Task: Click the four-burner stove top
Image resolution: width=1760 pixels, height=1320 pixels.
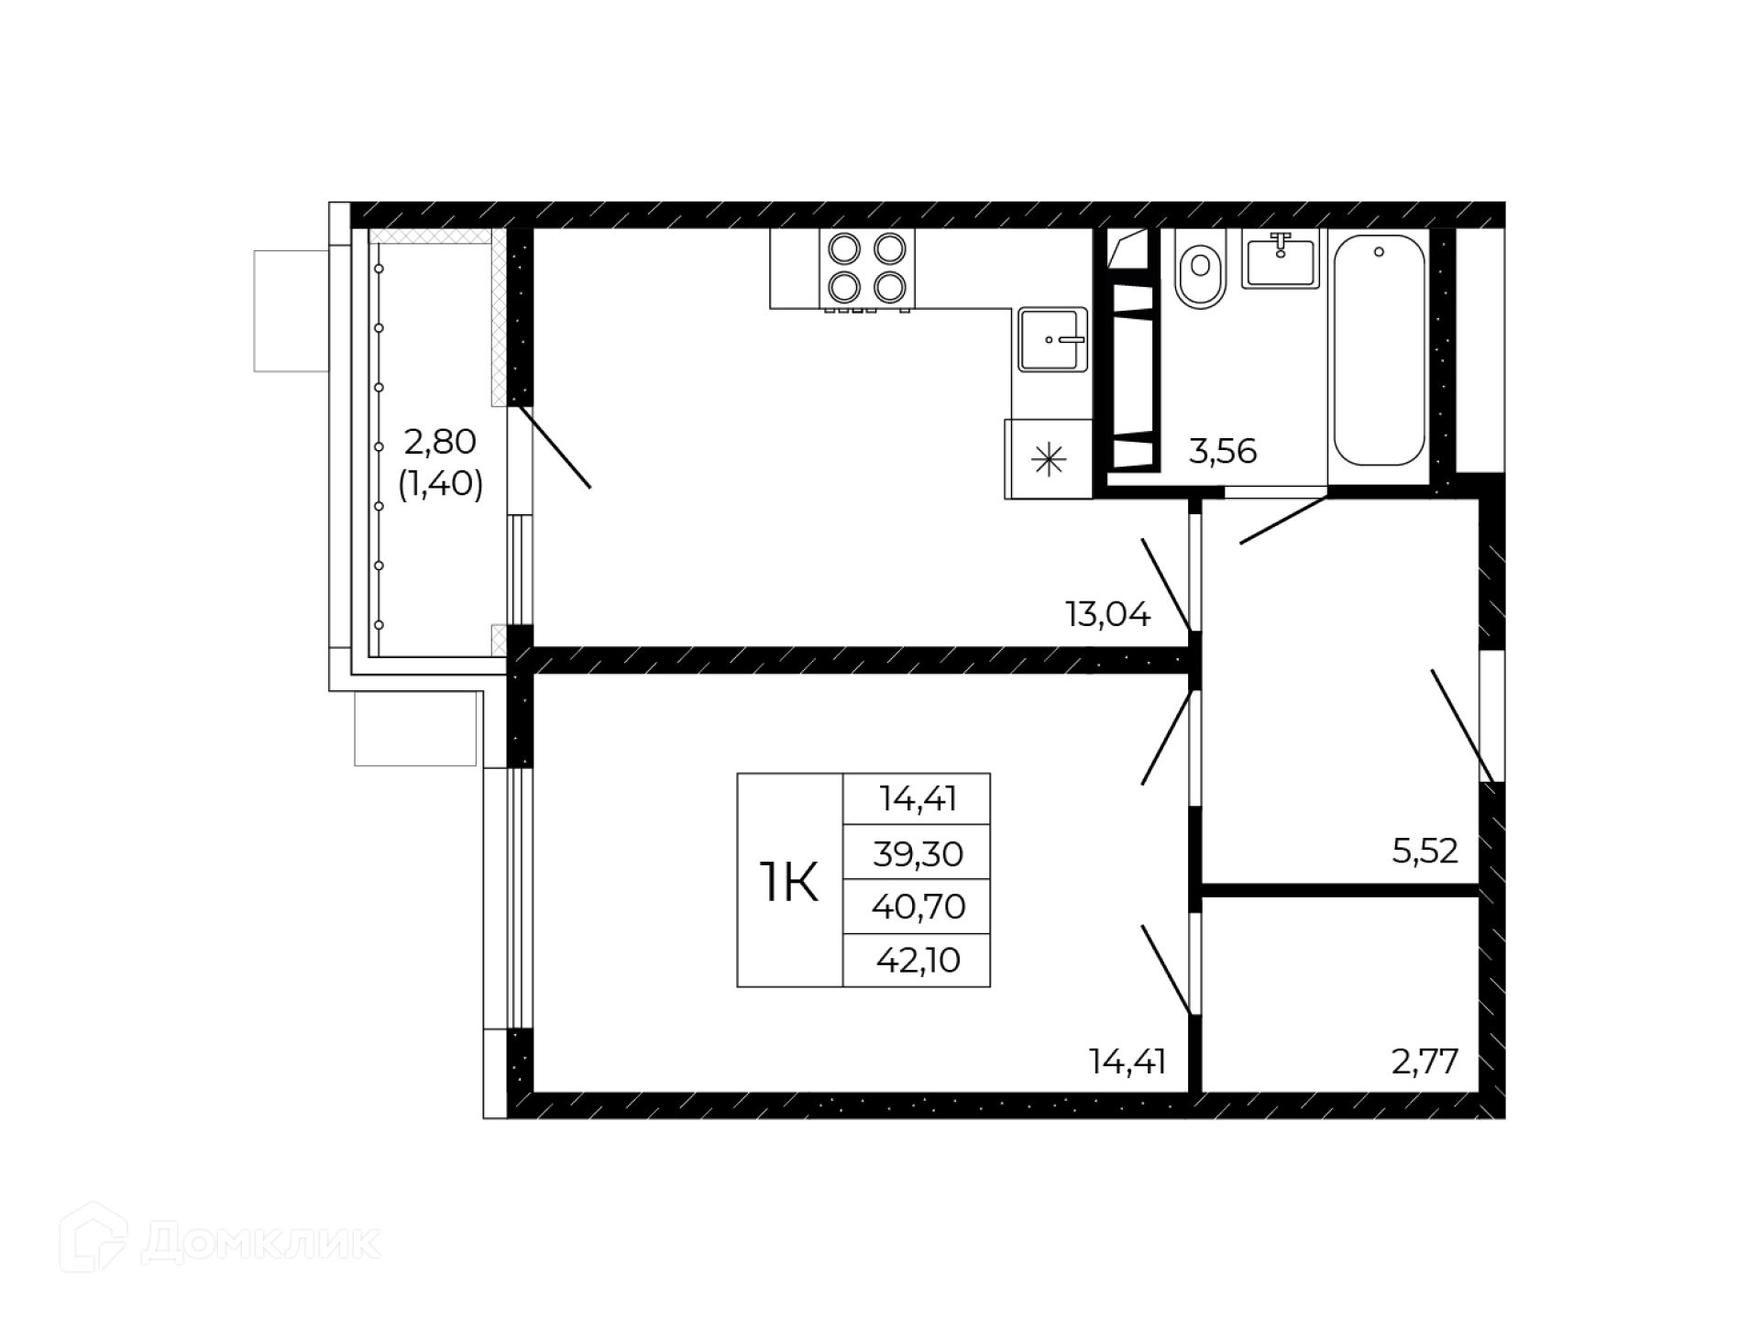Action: pos(867,268)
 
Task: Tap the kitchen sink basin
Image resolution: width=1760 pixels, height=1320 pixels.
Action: pos(1053,339)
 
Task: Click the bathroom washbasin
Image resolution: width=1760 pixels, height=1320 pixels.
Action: pos(1281,258)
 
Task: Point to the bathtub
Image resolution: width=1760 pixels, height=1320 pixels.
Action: pos(1379,350)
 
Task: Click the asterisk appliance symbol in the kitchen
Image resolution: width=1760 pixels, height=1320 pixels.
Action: pos(1049,459)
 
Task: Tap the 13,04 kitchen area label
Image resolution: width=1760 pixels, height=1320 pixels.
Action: pos(1107,614)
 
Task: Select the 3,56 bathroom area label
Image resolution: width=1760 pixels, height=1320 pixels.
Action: pos(1222,451)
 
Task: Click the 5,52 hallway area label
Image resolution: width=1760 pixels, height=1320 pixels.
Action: pos(1424,851)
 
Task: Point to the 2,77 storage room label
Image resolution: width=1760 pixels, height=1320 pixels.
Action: pos(1424,1061)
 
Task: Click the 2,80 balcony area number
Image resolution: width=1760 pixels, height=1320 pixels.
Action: pos(440,442)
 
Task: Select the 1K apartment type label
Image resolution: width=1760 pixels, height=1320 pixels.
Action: pos(788,882)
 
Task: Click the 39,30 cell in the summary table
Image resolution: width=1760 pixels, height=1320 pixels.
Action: pos(918,853)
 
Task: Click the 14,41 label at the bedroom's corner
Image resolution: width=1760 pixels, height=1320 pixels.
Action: pos(1127,1061)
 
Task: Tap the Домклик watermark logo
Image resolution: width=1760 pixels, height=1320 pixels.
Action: pos(220,1243)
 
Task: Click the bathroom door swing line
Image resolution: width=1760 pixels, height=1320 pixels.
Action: pos(1283,521)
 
